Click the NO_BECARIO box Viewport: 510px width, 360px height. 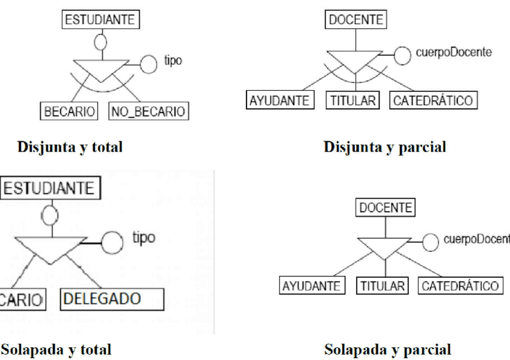[x=147, y=111]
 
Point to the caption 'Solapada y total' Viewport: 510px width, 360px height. [x=56, y=348]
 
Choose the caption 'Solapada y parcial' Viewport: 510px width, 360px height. [x=388, y=349]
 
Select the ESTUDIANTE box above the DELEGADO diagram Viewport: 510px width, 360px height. [x=50, y=189]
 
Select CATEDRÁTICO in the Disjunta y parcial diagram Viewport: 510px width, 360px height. [x=433, y=100]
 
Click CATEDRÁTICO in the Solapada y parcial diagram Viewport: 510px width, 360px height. [x=459, y=285]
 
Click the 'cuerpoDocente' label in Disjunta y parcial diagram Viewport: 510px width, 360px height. [x=444, y=52]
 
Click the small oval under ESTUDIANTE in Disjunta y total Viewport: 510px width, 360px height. [x=101, y=42]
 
